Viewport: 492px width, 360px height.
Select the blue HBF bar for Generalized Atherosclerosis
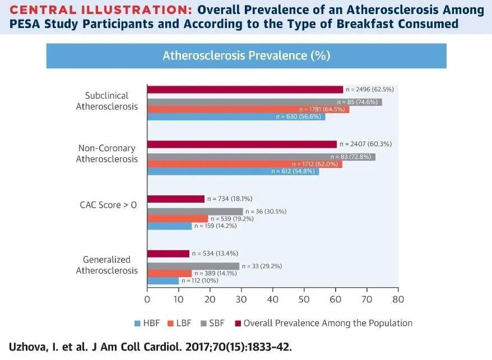click(x=163, y=281)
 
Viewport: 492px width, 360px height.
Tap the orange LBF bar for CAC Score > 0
click(x=177, y=219)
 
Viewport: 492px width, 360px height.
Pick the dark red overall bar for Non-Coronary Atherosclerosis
click(x=242, y=144)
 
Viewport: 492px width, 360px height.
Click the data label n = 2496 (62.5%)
click(x=370, y=90)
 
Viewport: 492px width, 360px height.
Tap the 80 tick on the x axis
click(x=398, y=300)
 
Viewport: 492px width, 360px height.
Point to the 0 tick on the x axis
click(x=147, y=300)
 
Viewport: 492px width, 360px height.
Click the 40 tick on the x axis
click(x=272, y=300)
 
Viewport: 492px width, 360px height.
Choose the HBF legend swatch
click(x=137, y=323)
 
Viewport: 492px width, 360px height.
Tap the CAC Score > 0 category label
click(x=108, y=205)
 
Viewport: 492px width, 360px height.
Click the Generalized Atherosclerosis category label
click(x=106, y=265)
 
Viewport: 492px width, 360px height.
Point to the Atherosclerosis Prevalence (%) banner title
click(x=246, y=56)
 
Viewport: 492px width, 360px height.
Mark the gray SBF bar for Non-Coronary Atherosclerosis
click(x=261, y=157)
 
